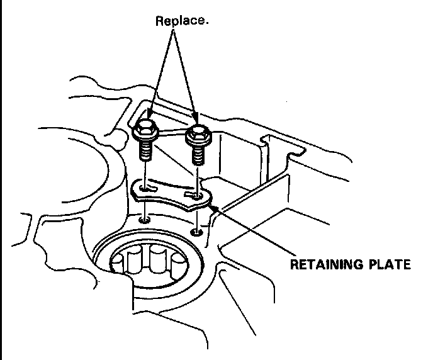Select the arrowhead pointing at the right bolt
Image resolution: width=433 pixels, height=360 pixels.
pyautogui.click(x=197, y=120)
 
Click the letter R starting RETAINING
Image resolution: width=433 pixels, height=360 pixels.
pyautogui.click(x=294, y=264)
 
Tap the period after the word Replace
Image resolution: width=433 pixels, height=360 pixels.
pyautogui.click(x=207, y=24)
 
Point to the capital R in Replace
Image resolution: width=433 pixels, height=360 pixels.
pyautogui.click(x=159, y=21)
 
